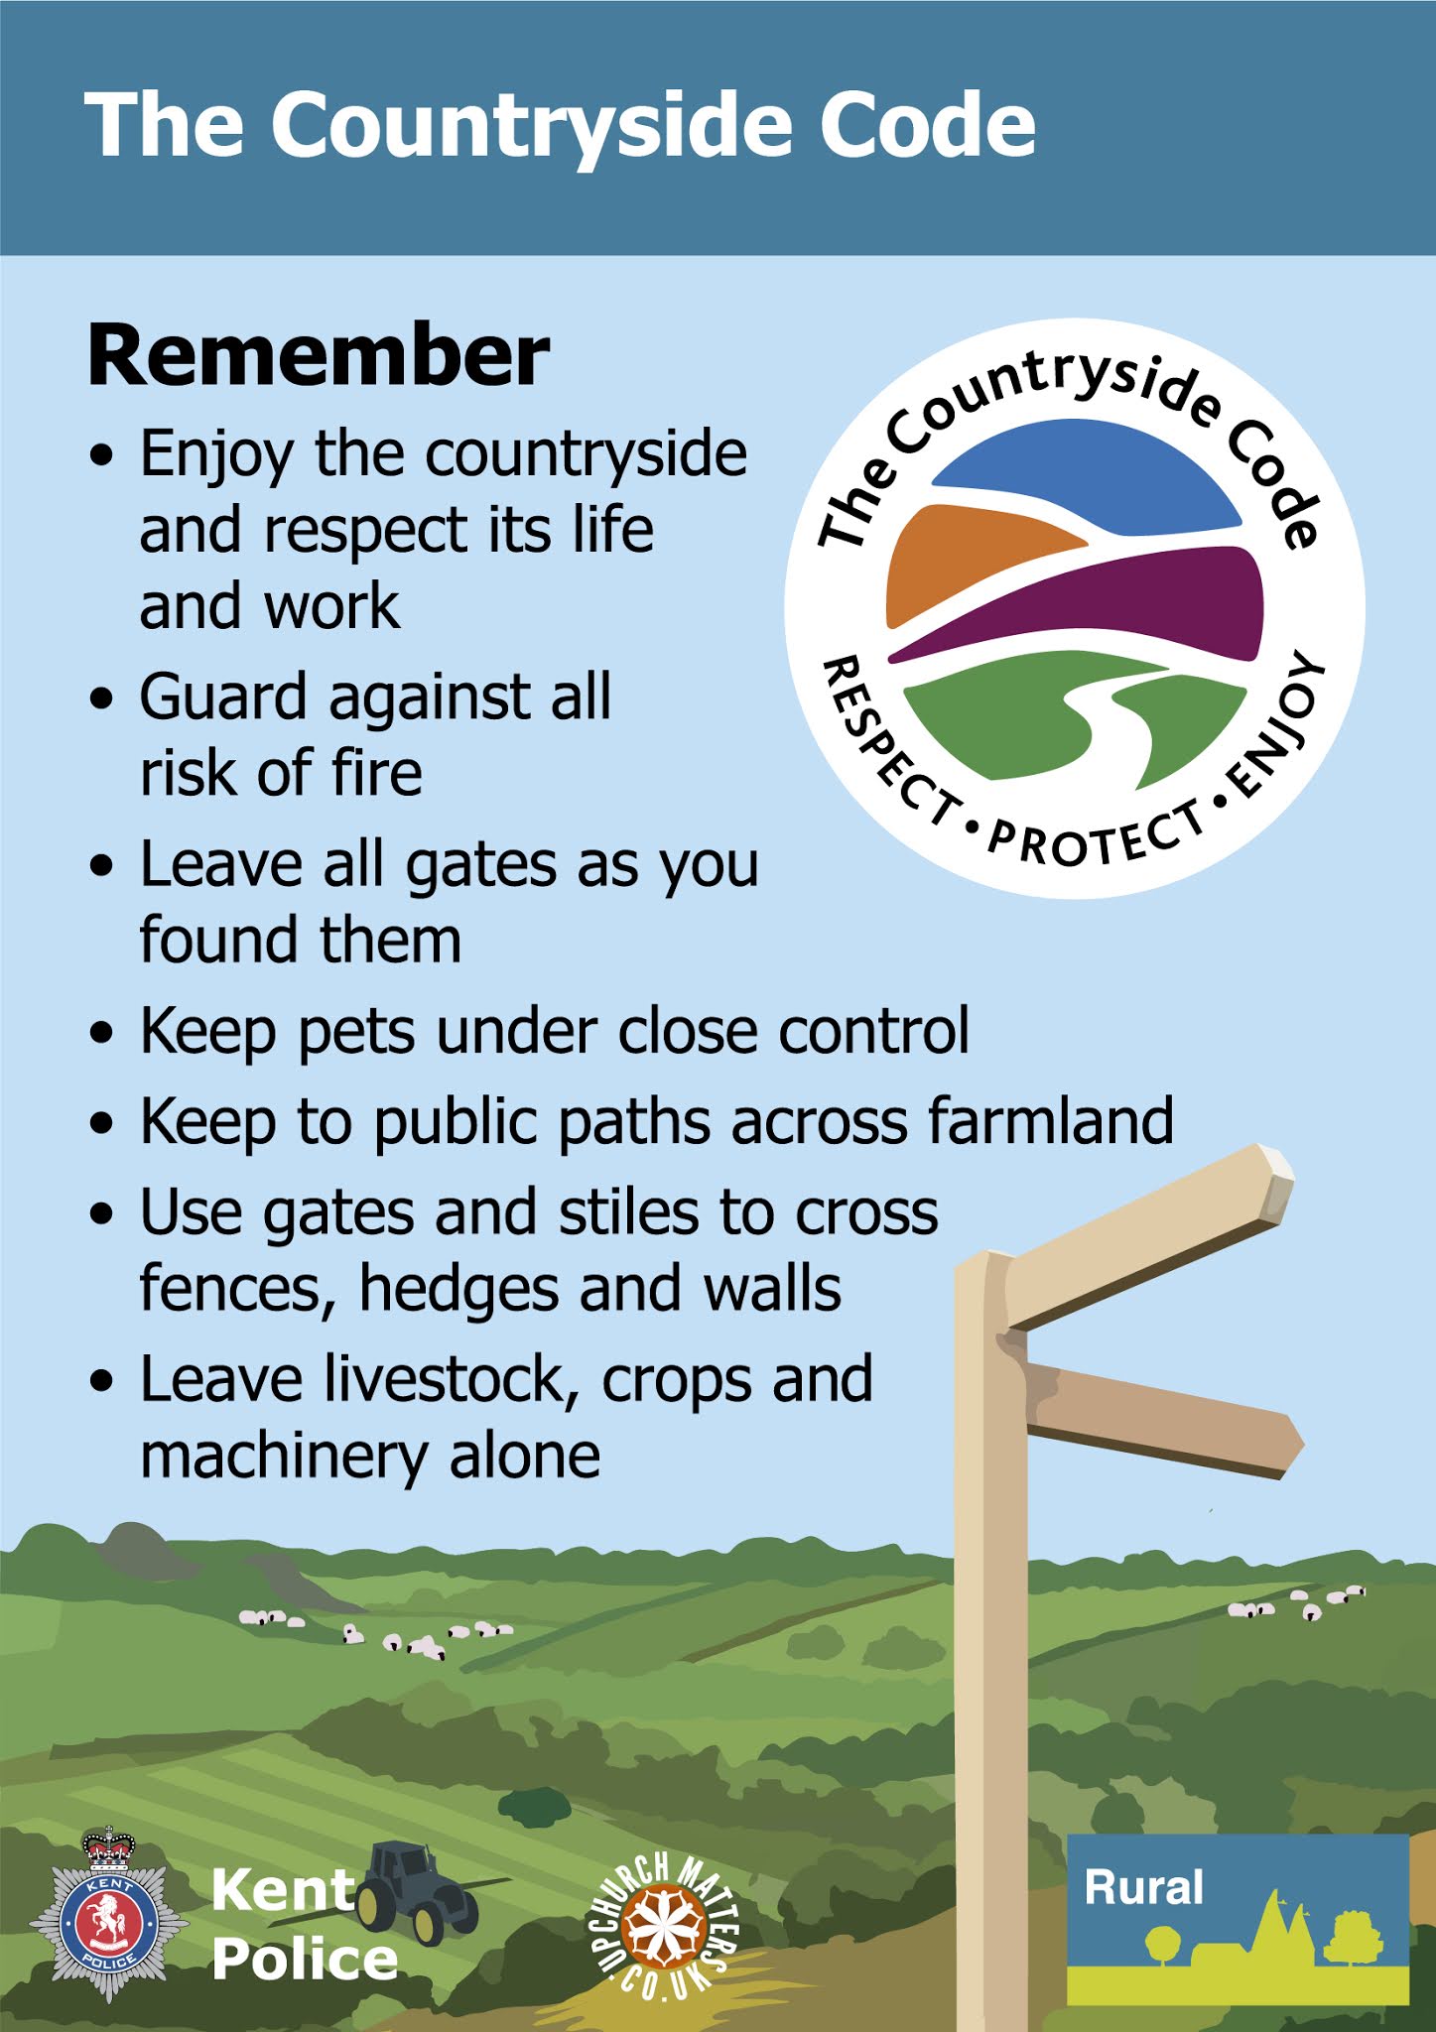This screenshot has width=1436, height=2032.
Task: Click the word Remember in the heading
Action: (318, 355)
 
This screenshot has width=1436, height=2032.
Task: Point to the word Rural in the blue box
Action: (1143, 1887)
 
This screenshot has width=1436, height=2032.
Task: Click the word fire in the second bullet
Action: (376, 773)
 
